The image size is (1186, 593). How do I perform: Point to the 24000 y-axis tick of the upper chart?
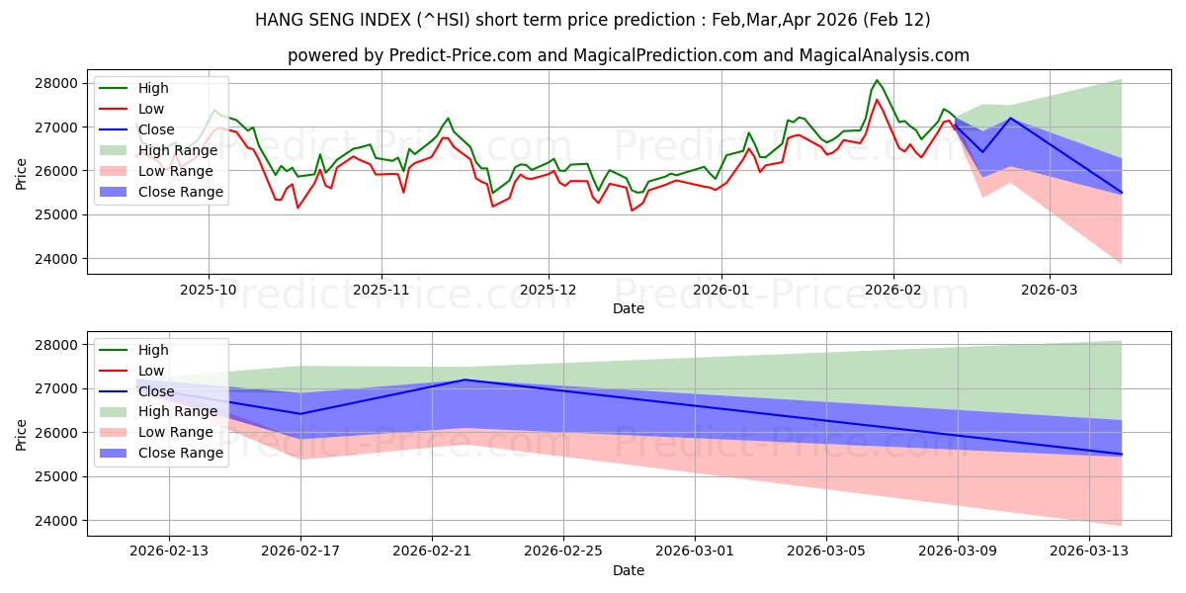coord(58,258)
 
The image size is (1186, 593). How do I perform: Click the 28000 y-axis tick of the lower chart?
coord(58,345)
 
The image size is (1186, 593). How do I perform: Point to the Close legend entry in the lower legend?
coord(156,391)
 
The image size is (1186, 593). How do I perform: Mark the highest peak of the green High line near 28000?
coord(877,80)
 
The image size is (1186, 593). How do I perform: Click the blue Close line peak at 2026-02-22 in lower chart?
coord(465,380)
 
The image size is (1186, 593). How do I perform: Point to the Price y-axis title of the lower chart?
coord(23,432)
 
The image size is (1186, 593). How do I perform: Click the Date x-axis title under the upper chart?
coord(629,308)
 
